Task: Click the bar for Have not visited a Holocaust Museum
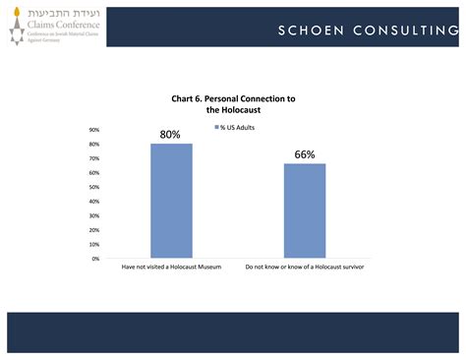point(171,201)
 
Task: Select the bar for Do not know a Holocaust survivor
point(305,210)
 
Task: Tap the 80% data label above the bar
point(171,135)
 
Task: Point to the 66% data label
point(305,154)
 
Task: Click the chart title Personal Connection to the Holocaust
point(233,105)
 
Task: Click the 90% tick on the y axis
point(94,130)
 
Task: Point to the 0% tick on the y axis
point(96,259)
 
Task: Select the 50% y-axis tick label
point(94,187)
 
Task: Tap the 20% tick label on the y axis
point(94,230)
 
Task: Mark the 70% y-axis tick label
point(94,158)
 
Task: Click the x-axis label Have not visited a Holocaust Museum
point(171,268)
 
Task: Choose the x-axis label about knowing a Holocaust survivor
point(305,268)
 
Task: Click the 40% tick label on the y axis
point(94,202)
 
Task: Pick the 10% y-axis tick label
point(94,245)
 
